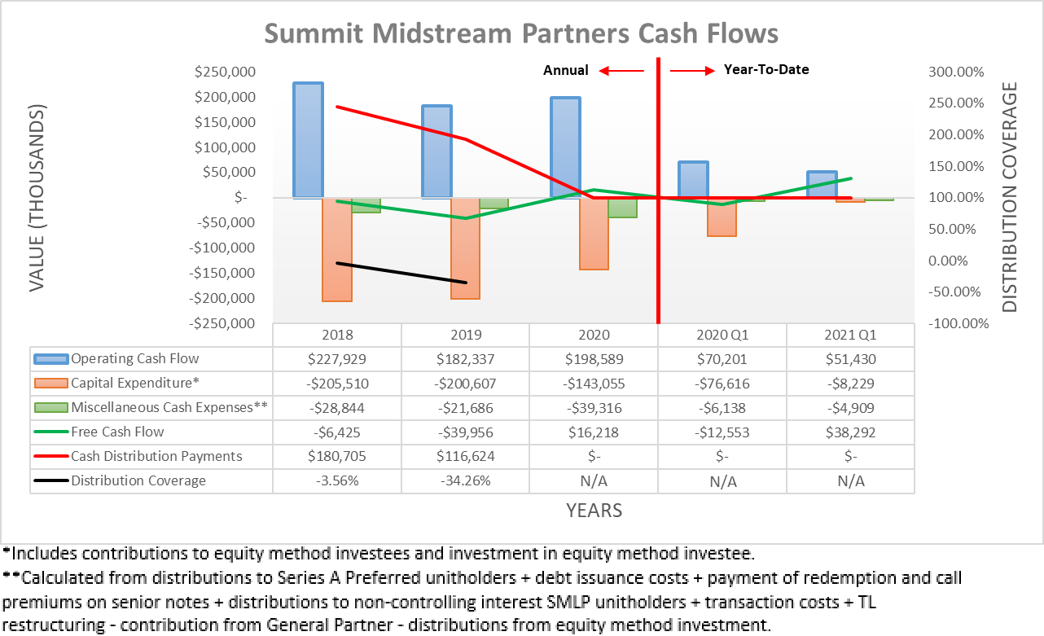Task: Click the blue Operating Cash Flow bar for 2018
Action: click(x=308, y=139)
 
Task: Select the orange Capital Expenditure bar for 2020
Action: click(x=594, y=233)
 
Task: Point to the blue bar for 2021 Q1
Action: click(x=822, y=184)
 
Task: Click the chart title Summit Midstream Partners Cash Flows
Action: click(x=521, y=33)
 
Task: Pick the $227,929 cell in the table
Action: click(x=336, y=358)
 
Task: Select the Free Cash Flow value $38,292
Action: click(x=850, y=432)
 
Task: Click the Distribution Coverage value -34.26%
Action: click(x=465, y=480)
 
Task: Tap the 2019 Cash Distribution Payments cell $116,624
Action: click(x=465, y=456)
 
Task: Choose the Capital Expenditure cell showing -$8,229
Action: click(x=850, y=383)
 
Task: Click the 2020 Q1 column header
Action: click(x=722, y=335)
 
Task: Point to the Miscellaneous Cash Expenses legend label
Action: click(x=169, y=407)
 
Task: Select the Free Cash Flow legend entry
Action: click(x=117, y=432)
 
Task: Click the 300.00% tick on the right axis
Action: click(x=958, y=72)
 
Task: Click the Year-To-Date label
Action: click(x=766, y=70)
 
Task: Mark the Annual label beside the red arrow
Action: click(x=566, y=70)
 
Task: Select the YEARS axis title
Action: click(x=594, y=511)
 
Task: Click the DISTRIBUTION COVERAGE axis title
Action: click(x=1010, y=197)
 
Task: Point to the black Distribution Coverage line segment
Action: click(x=401, y=273)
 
